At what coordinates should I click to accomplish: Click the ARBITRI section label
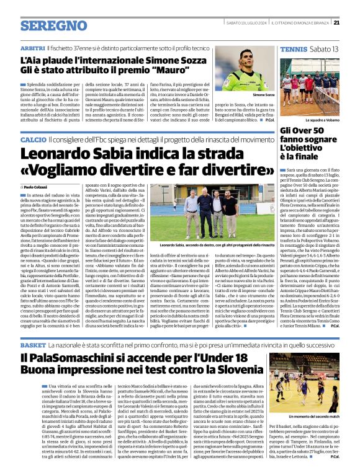pyautogui.click(x=32, y=47)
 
